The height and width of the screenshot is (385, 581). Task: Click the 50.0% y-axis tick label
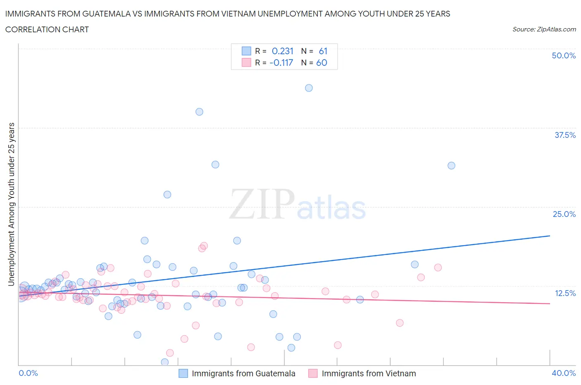(x=564, y=55)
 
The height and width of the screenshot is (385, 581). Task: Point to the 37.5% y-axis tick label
(x=565, y=135)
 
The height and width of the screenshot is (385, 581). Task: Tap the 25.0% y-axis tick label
(x=564, y=214)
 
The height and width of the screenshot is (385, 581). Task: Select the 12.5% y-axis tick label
(x=565, y=293)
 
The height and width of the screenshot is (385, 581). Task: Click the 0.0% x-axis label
(x=28, y=373)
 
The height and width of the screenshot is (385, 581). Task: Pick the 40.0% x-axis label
(x=564, y=373)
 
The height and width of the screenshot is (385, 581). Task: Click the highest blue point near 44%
(x=309, y=88)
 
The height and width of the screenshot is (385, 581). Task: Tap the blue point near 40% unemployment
(x=199, y=112)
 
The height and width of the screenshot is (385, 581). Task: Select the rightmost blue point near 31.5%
(x=451, y=166)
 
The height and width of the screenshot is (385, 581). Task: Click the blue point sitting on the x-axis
(x=164, y=362)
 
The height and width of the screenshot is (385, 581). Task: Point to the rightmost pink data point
(x=438, y=267)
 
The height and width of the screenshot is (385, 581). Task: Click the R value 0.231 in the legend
(x=283, y=51)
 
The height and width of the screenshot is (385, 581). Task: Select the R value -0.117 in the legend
(x=281, y=63)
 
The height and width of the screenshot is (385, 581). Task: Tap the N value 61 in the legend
(x=323, y=51)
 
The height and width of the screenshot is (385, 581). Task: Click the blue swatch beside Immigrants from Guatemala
(x=183, y=373)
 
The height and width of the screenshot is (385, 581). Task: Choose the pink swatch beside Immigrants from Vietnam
(x=313, y=373)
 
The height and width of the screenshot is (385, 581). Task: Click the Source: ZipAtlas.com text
(x=544, y=29)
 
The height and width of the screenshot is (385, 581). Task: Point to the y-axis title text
(x=12, y=204)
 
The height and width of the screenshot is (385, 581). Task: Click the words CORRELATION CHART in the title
(x=47, y=29)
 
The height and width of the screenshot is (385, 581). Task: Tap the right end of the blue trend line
(x=550, y=236)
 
